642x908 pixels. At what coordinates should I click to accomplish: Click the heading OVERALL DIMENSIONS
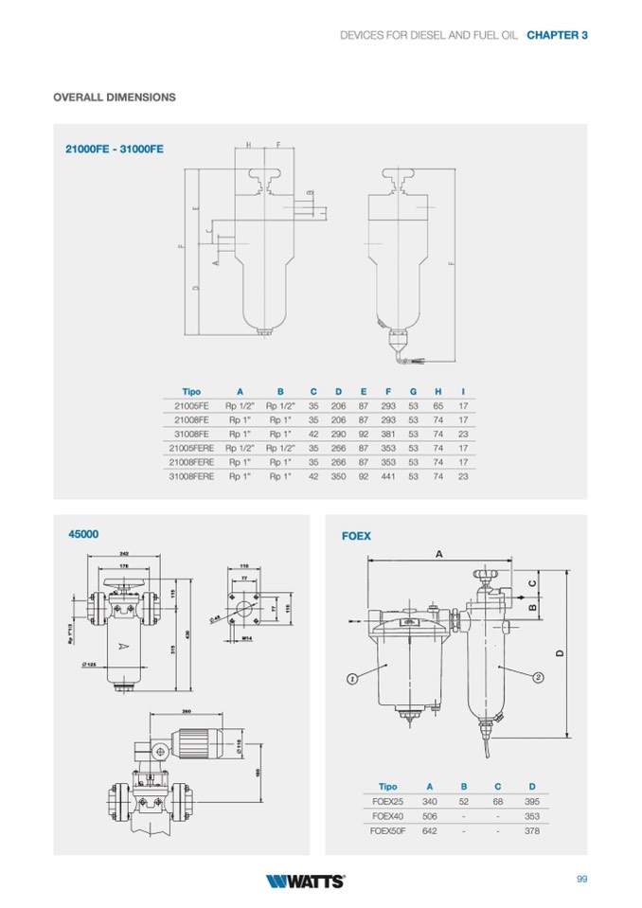[x=115, y=98]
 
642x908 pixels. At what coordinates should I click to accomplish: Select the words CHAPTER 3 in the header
[x=558, y=34]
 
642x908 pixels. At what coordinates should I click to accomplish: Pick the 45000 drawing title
[x=83, y=534]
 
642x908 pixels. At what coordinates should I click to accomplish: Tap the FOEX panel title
[x=356, y=536]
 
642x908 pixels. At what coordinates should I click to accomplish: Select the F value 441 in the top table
[x=388, y=476]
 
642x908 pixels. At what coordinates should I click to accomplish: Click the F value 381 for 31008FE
[x=388, y=434]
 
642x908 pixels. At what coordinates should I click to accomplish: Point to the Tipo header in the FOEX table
[x=387, y=787]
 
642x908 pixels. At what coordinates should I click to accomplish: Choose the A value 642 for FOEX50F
[x=430, y=830]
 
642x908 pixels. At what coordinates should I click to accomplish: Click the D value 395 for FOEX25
[x=532, y=801]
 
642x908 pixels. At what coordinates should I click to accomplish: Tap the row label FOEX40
[x=388, y=816]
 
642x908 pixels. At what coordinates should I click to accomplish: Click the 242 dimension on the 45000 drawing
[x=124, y=553]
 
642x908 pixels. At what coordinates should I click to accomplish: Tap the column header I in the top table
[x=463, y=391]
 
